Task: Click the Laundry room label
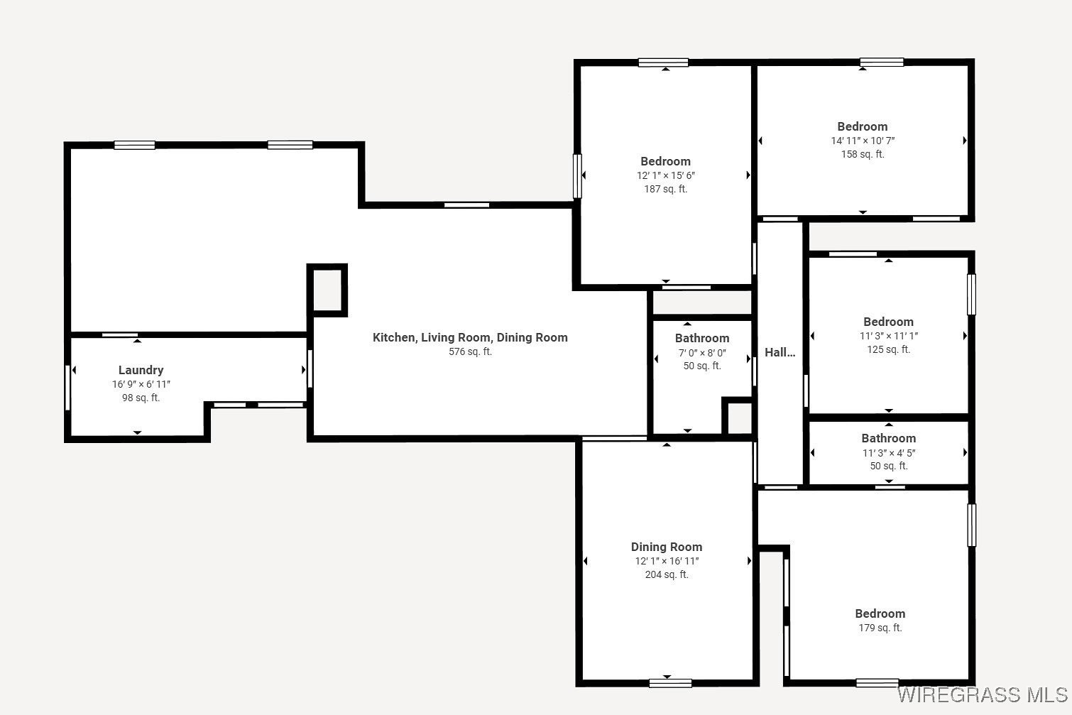141,370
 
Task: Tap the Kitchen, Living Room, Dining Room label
470,337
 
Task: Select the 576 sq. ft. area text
470,351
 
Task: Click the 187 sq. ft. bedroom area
665,189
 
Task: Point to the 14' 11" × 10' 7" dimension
863,141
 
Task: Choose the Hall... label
780,352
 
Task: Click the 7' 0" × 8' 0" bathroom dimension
702,352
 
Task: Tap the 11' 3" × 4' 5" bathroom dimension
889,452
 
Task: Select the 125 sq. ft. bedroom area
888,349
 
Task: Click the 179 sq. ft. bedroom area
880,628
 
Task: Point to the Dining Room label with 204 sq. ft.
667,547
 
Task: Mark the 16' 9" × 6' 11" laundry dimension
141,384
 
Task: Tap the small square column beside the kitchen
327,290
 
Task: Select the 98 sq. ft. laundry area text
141,398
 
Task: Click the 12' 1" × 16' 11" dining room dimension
667,561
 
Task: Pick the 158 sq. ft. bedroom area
863,154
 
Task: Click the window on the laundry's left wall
68,387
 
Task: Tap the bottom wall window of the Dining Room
670,683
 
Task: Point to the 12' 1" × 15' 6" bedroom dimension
665,175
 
